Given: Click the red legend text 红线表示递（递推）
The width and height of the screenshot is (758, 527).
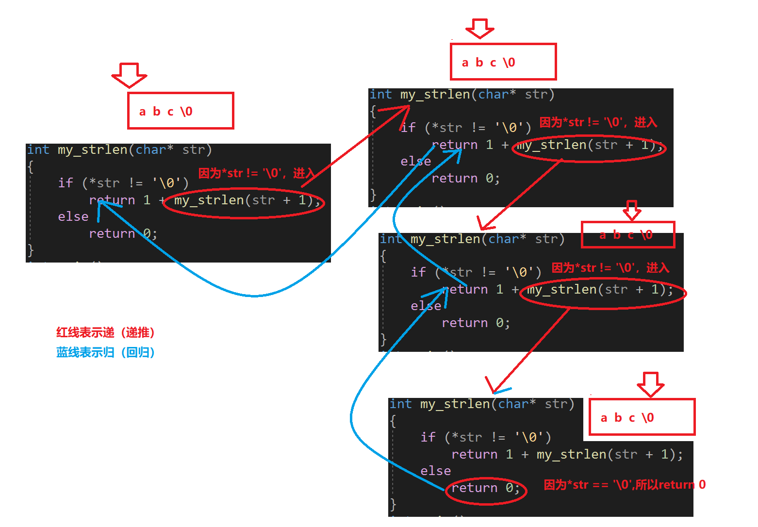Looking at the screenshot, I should tap(105, 333).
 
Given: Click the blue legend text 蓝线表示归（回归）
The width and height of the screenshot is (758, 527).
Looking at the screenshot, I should tap(105, 353).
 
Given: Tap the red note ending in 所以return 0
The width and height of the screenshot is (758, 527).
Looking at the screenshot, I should tap(624, 485).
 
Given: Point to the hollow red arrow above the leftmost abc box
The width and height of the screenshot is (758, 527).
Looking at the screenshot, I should tap(129, 75).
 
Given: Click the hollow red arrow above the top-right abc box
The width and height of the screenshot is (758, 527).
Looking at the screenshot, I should tap(479, 28).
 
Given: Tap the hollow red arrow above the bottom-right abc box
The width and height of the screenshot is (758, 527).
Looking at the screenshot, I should tap(650, 384).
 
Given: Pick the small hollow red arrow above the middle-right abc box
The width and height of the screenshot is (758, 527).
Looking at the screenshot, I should tap(631, 210).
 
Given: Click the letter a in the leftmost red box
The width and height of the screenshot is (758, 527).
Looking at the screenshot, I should tap(142, 112).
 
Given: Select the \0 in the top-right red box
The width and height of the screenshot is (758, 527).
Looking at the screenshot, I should tap(509, 63).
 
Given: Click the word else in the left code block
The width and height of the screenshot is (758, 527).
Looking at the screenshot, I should tap(73, 216).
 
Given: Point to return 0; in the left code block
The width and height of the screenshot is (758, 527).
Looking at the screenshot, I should tap(123, 233).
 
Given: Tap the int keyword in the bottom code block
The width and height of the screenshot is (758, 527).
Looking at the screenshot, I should tap(400, 404).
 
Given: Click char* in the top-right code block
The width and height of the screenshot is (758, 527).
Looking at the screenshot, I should tap(497, 94).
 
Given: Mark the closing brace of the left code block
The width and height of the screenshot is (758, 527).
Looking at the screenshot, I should tap(31, 250).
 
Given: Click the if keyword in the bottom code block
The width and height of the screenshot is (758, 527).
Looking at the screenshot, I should tap(428, 437).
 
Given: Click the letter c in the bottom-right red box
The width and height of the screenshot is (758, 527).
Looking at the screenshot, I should tap(632, 418).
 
